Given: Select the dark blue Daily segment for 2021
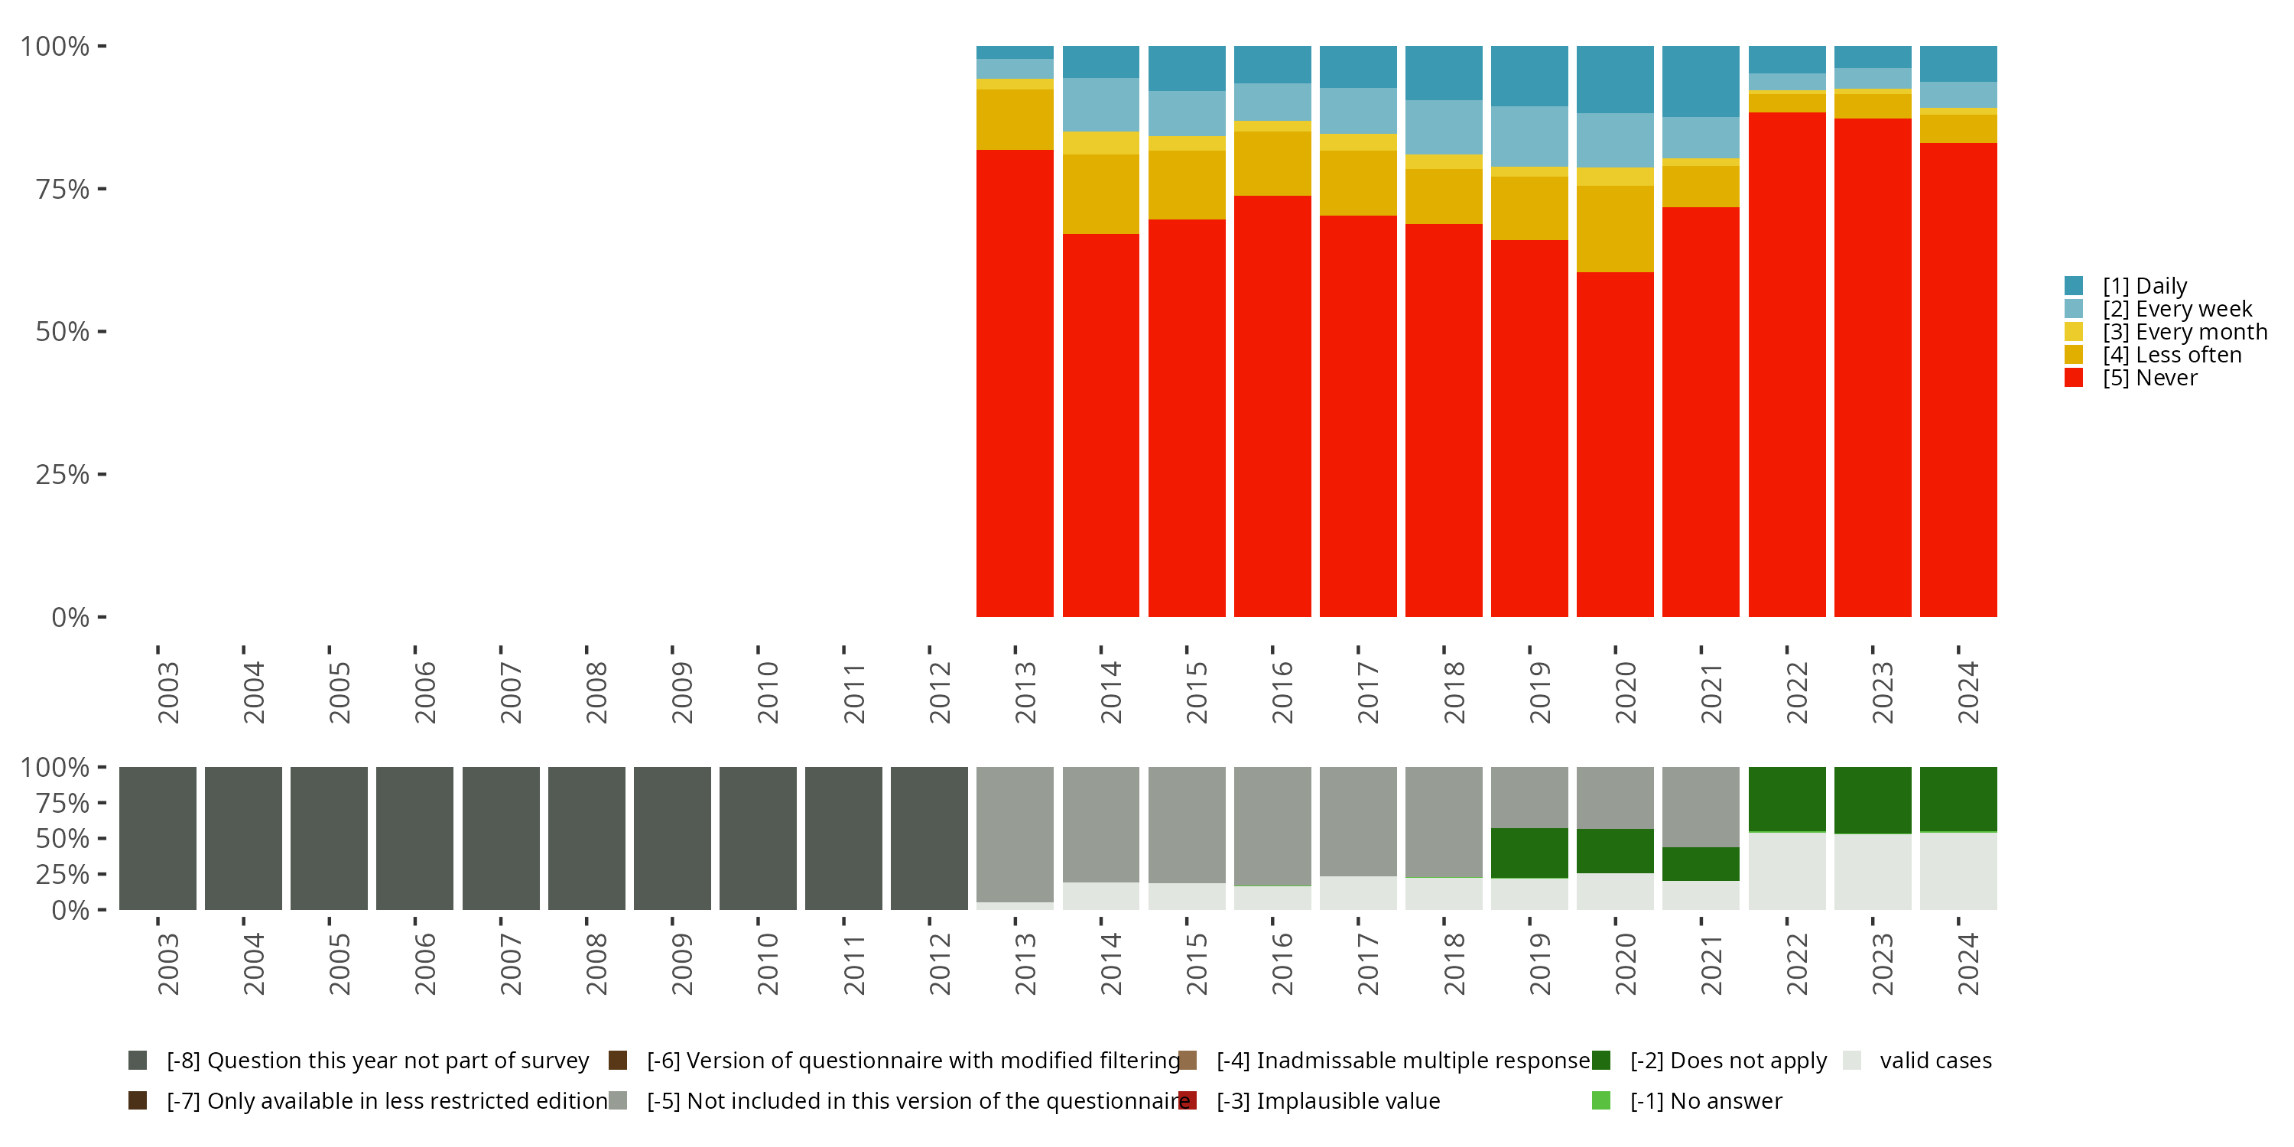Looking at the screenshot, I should click(x=1700, y=81).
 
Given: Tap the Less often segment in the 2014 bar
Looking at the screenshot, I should click(x=1100, y=194).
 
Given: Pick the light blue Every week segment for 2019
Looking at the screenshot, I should click(x=1529, y=136).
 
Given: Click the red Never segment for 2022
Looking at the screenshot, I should click(x=1786, y=364).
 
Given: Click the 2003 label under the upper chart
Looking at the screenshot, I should click(x=167, y=692).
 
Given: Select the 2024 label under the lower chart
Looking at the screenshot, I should click(x=1967, y=964).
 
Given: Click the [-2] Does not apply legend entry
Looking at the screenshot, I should click(x=1727, y=1061).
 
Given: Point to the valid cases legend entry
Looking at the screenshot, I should click(x=1935, y=1061).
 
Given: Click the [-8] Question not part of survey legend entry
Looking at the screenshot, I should click(x=377, y=1061).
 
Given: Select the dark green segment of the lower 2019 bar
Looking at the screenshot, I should click(x=1529, y=853).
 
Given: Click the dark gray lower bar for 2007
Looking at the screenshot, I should click(x=501, y=838).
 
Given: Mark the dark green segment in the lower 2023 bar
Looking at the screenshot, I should click(x=1872, y=800).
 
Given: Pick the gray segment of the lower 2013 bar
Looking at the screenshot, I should click(x=1014, y=833).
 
